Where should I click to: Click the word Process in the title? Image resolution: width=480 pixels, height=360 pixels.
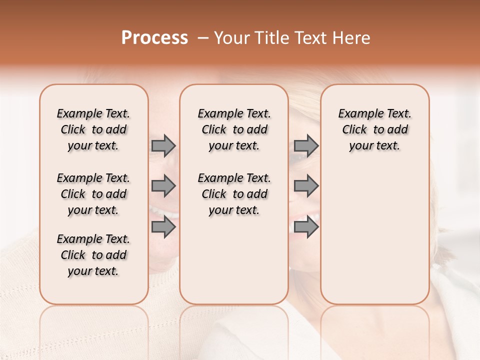coord(154,38)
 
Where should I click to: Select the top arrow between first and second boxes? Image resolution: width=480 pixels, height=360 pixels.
coord(163,145)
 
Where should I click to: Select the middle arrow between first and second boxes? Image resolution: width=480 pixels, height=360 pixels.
coord(163,186)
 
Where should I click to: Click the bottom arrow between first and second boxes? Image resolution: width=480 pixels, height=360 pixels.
coord(163,227)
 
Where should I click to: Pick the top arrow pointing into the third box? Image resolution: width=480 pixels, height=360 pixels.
coord(306,145)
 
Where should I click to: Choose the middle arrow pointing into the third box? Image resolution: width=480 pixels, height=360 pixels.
coord(306,186)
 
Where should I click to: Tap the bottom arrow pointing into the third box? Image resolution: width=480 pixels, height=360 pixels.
coord(306,227)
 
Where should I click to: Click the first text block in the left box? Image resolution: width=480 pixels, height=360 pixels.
coord(93,129)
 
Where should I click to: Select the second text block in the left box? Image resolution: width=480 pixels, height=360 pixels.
coord(93,194)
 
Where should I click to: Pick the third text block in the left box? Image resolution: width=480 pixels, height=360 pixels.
coord(93,255)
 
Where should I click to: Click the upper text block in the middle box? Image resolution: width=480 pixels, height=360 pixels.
coord(234,129)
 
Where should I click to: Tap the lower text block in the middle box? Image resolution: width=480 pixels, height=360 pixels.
coord(234,194)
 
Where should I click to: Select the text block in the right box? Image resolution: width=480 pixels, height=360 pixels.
coord(374,129)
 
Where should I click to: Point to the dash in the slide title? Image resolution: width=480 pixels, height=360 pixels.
coord(202,38)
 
